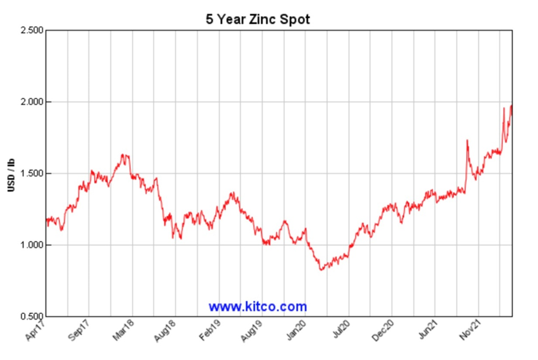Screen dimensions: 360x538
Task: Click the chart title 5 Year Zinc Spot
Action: tap(257, 19)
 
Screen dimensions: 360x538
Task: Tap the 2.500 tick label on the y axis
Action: tap(31, 31)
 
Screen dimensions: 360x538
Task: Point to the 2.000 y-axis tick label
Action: tap(31, 102)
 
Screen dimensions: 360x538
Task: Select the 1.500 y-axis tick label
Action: tap(31, 174)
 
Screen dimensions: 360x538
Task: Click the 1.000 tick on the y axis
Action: tap(31, 245)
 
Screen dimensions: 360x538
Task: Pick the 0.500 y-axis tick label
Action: tap(31, 316)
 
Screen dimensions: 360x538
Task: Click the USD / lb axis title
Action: tap(12, 174)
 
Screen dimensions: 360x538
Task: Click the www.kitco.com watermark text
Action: tap(257, 306)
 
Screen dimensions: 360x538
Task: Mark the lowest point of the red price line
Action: tap(322, 270)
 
